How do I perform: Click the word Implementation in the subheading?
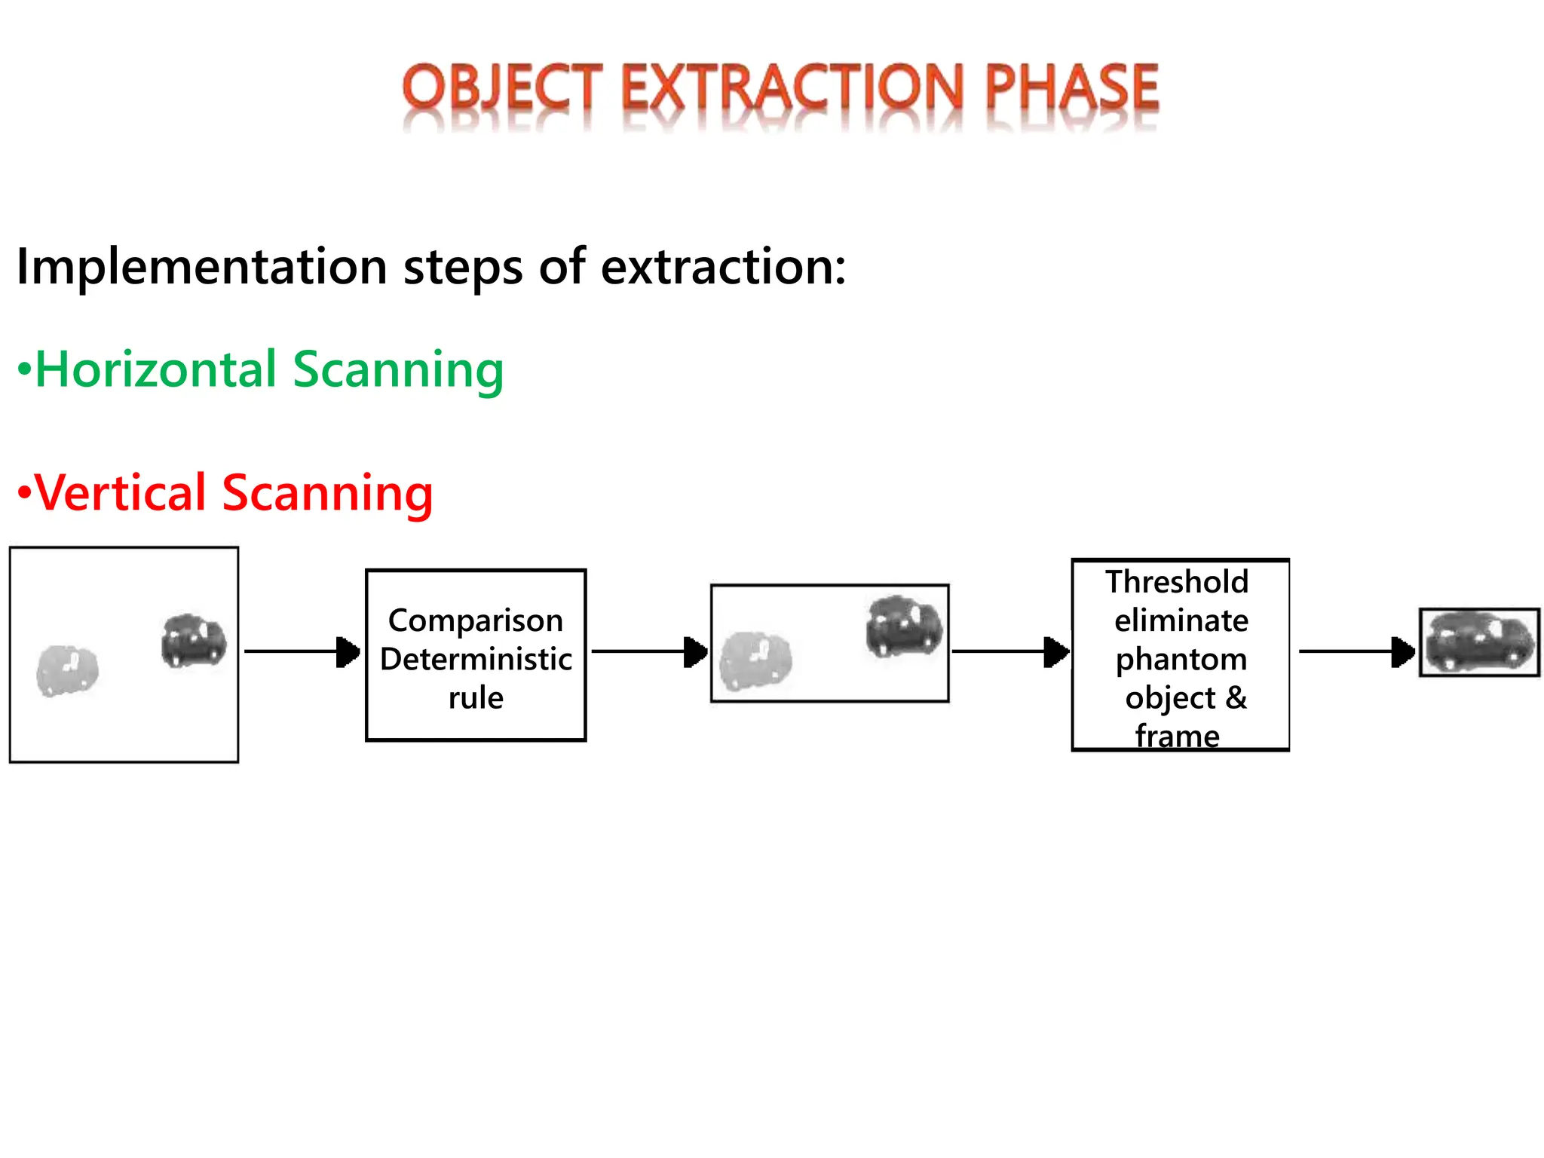(201, 268)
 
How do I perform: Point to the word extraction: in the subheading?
(723, 268)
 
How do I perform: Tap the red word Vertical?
(121, 493)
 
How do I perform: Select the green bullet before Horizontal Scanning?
(25, 369)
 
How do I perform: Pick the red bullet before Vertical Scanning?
(25, 493)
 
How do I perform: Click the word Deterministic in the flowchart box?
(476, 659)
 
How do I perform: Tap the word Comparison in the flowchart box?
(476, 620)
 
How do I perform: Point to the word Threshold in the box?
(1177, 582)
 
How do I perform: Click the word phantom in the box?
(1181, 659)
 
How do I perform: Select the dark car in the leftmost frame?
(194, 641)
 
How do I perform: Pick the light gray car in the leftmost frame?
(68, 670)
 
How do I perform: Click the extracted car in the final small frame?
(1479, 642)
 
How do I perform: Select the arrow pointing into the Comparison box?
(302, 651)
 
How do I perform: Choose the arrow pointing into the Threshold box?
(1010, 651)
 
